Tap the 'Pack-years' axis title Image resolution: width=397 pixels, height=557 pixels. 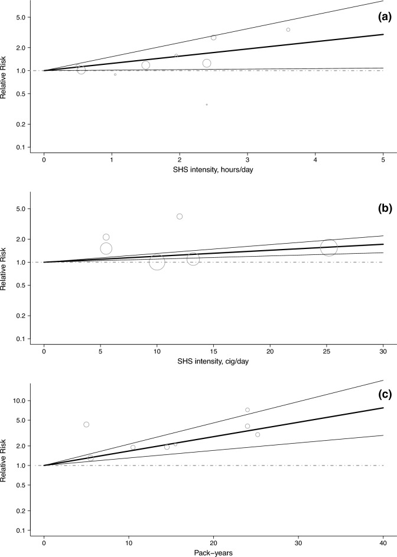point(213,552)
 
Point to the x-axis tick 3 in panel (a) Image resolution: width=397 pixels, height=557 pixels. point(248,159)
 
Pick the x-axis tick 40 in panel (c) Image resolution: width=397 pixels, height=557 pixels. point(383,542)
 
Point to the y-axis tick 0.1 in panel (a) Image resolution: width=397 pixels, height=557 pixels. point(21,147)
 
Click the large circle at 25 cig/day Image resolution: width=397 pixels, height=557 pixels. point(328,248)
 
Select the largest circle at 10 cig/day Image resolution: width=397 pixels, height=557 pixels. point(157,261)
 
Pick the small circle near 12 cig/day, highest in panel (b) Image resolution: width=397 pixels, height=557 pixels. point(180,217)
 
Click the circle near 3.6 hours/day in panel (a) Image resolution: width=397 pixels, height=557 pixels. point(288,30)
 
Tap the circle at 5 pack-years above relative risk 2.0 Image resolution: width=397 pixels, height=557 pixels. point(86,424)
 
